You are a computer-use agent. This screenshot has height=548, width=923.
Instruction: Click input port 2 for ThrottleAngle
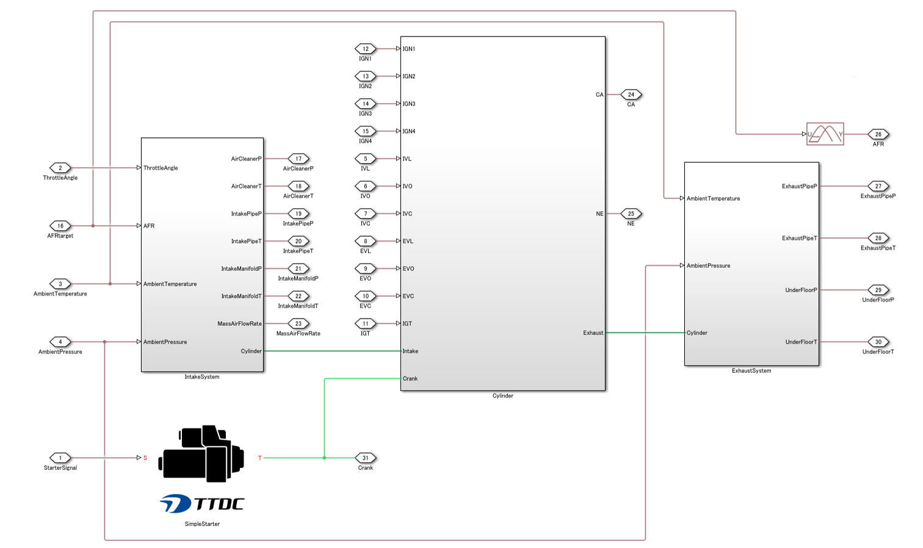coord(60,168)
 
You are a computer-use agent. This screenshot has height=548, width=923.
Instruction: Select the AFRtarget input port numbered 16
coord(60,226)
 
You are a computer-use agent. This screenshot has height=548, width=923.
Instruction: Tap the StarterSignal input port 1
coord(60,458)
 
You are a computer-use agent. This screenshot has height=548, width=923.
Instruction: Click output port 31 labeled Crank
coord(366,458)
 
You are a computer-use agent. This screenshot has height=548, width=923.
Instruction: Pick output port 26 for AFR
coord(878,134)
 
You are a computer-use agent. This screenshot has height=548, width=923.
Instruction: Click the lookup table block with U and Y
coord(825,134)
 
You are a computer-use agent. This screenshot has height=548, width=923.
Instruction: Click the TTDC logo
coord(201,503)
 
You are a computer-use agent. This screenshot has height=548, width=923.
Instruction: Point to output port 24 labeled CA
coord(631,95)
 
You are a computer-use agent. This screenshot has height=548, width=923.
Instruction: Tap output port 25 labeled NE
coord(631,214)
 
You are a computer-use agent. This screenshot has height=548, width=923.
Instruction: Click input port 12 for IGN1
coord(366,49)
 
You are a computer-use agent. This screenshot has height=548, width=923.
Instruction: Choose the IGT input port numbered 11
coord(366,323)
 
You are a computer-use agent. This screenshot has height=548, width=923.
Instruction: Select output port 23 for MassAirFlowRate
coord(299,323)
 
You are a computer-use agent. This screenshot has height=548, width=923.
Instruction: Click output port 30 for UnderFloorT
coord(878,342)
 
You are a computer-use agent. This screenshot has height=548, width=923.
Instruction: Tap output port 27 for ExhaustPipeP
coord(878,186)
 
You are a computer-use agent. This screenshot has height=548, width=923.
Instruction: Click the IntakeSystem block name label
coord(202,377)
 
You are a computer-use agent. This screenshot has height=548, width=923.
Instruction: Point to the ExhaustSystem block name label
coord(751,371)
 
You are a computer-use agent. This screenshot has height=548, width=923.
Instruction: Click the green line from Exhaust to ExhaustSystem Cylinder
coord(645,333)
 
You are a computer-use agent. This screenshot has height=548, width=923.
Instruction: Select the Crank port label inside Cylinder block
coord(410,378)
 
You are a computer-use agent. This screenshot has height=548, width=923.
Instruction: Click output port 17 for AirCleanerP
coord(299,159)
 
